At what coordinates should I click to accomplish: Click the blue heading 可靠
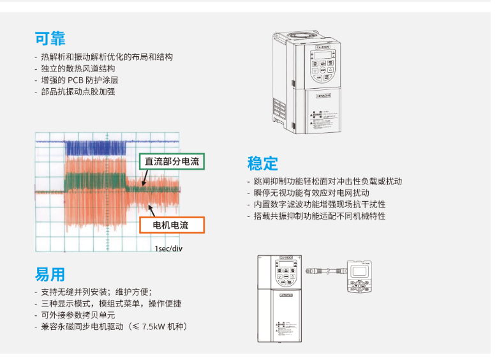(50, 38)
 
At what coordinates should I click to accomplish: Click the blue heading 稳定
(262, 163)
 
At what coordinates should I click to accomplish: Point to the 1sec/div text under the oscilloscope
(168, 248)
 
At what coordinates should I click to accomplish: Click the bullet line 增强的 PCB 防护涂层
(79, 80)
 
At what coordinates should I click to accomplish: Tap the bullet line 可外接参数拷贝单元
(78, 315)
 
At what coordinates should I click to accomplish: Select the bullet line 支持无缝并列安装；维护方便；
(96, 292)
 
